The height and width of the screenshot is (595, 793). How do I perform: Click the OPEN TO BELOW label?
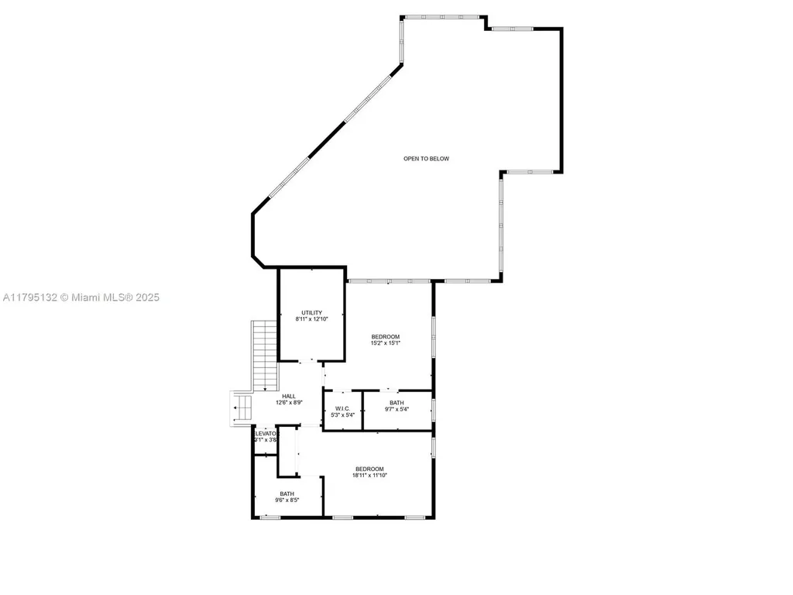[x=426, y=159]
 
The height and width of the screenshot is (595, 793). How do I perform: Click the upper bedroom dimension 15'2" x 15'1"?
[x=385, y=343]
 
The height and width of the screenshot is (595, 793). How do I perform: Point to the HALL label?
[x=288, y=396]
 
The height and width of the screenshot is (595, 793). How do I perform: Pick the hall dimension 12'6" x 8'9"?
[x=288, y=403]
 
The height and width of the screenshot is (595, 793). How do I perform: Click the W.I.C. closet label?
[x=343, y=408]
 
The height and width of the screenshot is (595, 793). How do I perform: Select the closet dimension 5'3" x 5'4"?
[x=343, y=415]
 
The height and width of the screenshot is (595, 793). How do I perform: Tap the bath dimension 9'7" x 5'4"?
[x=396, y=410]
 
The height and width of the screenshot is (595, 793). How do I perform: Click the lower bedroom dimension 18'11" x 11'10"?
[x=369, y=476]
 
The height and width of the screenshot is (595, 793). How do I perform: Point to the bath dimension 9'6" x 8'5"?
[x=287, y=500]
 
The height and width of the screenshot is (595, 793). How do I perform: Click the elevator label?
[x=265, y=433]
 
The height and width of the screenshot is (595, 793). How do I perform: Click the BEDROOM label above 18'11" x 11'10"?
[x=369, y=469]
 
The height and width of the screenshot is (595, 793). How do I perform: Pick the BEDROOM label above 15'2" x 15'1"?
[x=385, y=336]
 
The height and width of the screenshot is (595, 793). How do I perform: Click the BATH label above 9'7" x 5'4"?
[x=396, y=403]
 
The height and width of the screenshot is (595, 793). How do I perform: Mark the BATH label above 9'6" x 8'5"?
[x=287, y=494]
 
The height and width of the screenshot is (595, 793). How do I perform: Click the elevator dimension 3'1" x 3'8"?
[x=265, y=440]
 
